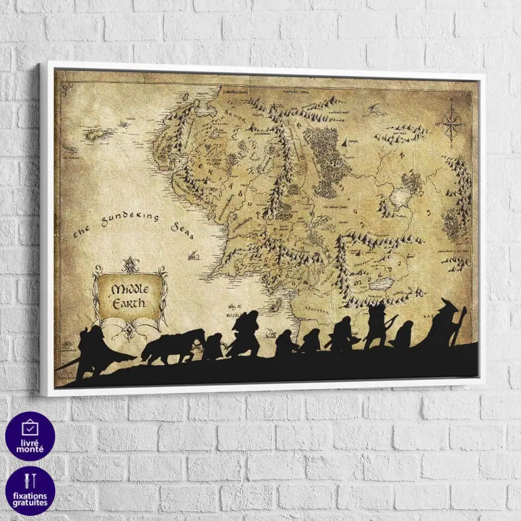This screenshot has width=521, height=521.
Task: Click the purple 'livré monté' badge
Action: pos(30,436)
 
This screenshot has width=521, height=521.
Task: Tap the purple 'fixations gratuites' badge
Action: pos(30,490)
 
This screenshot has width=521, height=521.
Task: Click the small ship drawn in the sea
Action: pos(194,255)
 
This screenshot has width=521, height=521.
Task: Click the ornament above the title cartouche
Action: pos(129,265)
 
